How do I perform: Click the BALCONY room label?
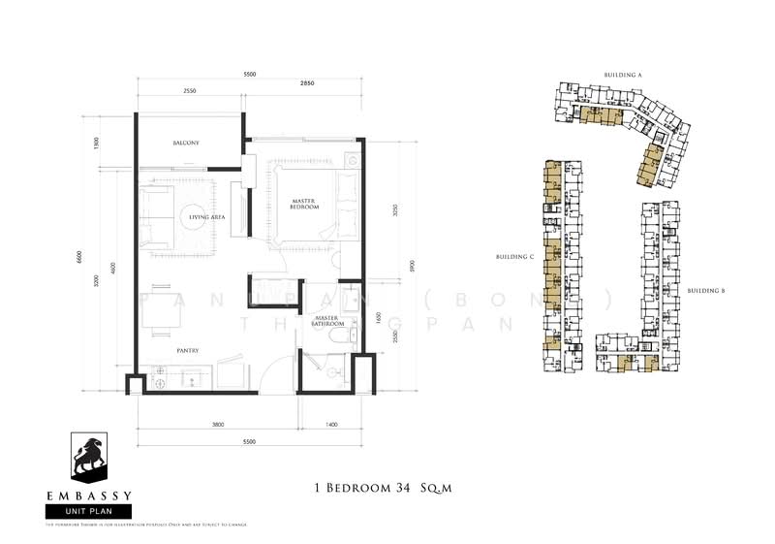(186, 144)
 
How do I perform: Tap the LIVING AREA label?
(207, 218)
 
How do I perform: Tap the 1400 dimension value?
(331, 425)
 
